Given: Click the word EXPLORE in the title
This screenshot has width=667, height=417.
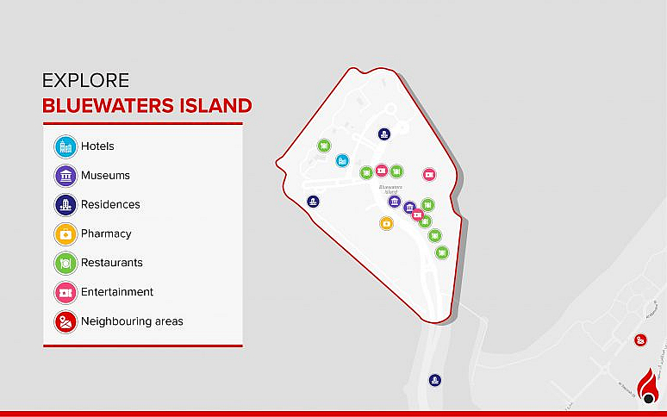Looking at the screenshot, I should (x=85, y=81).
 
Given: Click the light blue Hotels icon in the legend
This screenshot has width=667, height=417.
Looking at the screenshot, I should (x=65, y=146).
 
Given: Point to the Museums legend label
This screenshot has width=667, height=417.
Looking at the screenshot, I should (x=105, y=176).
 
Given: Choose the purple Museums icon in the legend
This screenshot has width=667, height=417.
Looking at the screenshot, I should (x=65, y=176).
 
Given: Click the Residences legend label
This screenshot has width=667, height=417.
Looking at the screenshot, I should (x=110, y=205).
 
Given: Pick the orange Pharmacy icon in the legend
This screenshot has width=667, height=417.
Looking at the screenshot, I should (x=65, y=233).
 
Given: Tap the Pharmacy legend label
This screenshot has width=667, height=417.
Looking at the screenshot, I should (x=106, y=233).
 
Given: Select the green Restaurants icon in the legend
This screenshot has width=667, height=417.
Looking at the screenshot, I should (x=65, y=263).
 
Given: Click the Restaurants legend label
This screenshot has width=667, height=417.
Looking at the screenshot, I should (x=112, y=263).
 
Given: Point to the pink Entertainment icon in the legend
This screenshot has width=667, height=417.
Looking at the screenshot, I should (x=65, y=292).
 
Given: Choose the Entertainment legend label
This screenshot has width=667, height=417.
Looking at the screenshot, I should (x=117, y=292).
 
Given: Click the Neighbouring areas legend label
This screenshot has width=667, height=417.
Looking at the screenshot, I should (x=132, y=321).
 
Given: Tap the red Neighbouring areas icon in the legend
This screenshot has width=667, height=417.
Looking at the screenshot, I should (x=65, y=321).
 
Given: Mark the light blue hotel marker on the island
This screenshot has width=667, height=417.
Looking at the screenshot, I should (x=342, y=160).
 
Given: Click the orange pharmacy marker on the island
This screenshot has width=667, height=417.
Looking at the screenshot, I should (x=386, y=223).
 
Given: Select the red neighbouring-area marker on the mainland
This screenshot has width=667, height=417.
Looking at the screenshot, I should (x=640, y=340).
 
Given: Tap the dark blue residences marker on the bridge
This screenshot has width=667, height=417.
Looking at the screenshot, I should (x=436, y=380).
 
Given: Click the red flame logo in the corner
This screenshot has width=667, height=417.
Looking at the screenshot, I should (x=649, y=385).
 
